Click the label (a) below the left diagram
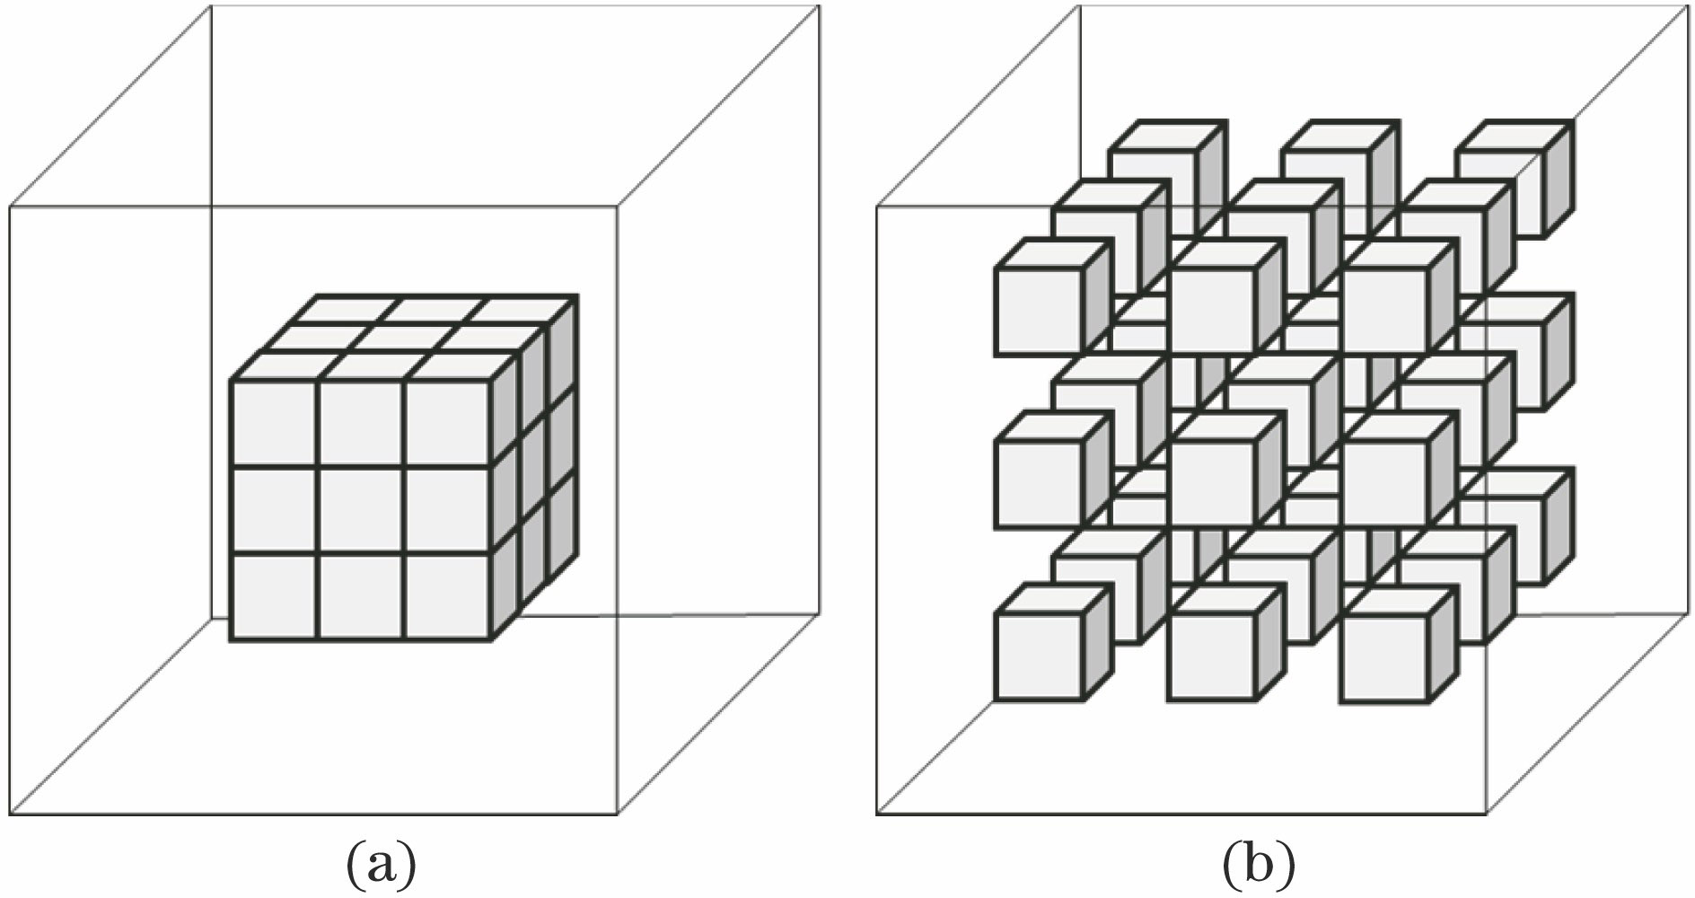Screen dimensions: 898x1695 [x=381, y=864]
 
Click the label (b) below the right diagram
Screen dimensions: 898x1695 [x=1259, y=864]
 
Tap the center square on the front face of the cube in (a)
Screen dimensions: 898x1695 [x=361, y=512]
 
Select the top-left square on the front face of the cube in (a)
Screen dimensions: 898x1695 [x=274, y=425]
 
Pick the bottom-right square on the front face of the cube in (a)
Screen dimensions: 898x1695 [x=447, y=597]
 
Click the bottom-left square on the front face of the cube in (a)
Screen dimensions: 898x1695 [x=274, y=597]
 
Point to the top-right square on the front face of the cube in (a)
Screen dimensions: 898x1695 [x=447, y=425]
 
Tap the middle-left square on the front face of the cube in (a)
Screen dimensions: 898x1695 [x=274, y=512]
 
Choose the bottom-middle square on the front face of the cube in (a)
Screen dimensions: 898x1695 [x=361, y=597]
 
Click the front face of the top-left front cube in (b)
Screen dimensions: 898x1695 [x=1039, y=311]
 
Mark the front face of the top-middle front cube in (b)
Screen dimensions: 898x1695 [x=1212, y=311]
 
